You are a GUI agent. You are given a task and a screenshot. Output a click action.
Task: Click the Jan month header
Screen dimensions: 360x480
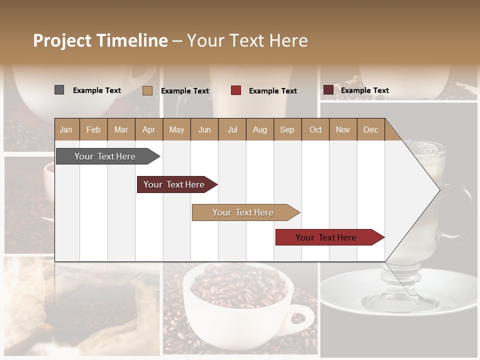(x=66, y=129)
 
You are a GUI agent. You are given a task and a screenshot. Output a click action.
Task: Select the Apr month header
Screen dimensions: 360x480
(x=148, y=129)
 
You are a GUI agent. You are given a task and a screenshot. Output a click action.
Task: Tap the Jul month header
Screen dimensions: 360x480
(x=232, y=129)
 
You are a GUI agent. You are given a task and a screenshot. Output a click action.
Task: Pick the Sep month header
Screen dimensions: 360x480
(x=287, y=129)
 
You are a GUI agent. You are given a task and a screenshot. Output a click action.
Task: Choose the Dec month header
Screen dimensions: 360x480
(x=370, y=129)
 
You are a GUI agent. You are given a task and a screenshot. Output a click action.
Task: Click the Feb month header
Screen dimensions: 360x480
(x=93, y=129)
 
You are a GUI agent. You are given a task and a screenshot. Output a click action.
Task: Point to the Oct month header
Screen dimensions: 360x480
(x=315, y=129)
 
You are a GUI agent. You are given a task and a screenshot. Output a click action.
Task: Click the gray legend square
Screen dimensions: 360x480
(x=59, y=90)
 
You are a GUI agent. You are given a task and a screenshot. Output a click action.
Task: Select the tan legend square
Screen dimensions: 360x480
(x=147, y=90)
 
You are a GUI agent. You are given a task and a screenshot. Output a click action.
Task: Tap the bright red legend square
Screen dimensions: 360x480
(x=236, y=90)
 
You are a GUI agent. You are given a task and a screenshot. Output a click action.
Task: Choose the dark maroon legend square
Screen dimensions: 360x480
(x=328, y=90)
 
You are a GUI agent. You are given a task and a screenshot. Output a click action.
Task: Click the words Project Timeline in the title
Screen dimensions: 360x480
(x=100, y=40)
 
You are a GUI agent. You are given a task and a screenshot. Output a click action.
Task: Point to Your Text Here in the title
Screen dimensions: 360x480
(x=247, y=40)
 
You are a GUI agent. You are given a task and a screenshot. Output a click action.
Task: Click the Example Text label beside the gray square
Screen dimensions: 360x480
(x=97, y=90)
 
